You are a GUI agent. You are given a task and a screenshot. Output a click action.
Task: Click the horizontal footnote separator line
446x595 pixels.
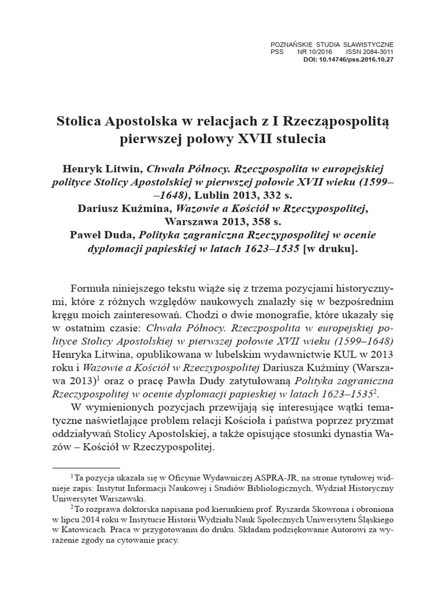[86, 467]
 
